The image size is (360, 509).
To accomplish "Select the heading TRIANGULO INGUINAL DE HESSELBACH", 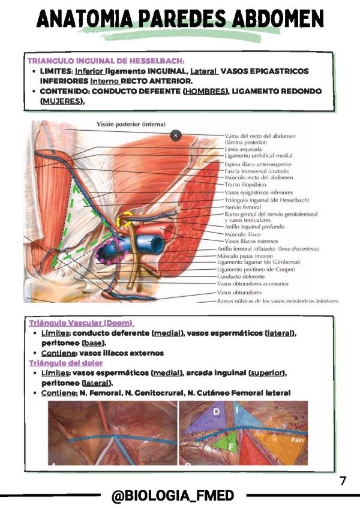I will coord(106,61).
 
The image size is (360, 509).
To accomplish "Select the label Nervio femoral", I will coord(243,206).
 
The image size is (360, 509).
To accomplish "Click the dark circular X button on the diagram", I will coord(175,135).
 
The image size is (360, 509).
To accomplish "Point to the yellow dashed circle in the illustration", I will coord(125,219).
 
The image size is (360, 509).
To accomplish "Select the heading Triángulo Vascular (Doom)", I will coord(81,323).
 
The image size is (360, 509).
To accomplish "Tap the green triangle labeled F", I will coord(232,447).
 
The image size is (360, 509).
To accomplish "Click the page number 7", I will coord(343,481).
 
